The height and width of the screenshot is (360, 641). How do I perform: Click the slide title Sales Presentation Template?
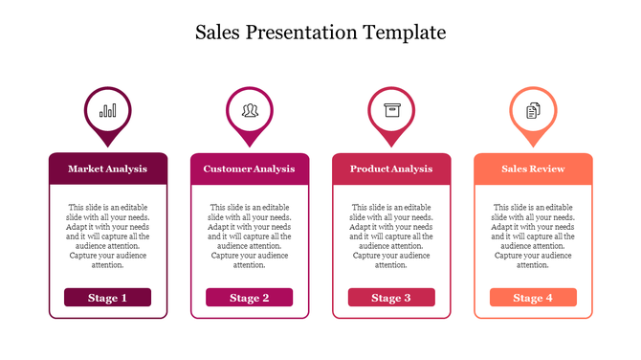point(320,33)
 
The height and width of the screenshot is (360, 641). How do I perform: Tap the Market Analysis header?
point(108,169)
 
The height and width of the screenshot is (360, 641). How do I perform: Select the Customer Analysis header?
point(250,169)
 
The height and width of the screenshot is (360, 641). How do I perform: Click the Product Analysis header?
point(391,169)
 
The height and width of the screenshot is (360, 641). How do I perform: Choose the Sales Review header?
point(533,169)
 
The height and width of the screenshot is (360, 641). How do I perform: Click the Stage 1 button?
point(108,298)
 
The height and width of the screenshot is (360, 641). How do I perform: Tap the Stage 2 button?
point(250,298)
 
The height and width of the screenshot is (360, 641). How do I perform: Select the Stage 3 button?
point(391,298)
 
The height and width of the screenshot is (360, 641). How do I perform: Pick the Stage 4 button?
point(533,298)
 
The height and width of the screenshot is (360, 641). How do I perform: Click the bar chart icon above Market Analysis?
point(108,110)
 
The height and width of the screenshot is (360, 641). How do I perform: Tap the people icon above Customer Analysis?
point(250,110)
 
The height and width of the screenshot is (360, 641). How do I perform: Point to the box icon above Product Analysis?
point(391,110)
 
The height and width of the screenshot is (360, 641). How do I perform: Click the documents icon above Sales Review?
point(533,110)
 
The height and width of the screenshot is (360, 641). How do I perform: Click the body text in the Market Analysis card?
point(108,236)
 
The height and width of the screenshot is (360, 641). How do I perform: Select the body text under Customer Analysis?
point(250,236)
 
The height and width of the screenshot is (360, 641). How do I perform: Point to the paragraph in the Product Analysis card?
point(391,236)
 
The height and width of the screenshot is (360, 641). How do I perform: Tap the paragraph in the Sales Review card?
point(533,236)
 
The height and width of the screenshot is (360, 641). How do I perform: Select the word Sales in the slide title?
point(218,33)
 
